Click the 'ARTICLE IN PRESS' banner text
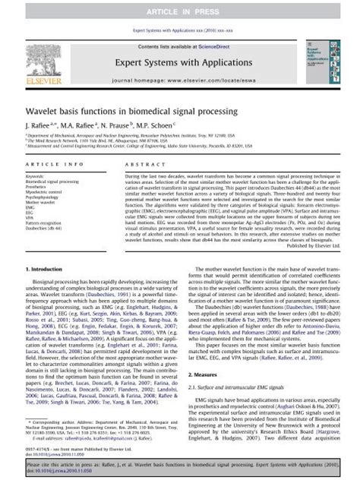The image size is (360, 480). click(179, 8)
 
